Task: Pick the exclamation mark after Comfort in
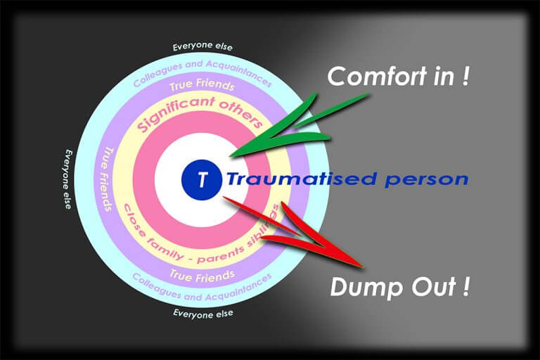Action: [x=465, y=76]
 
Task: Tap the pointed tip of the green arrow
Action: [x=230, y=154]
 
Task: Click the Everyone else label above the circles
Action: [x=202, y=47]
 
